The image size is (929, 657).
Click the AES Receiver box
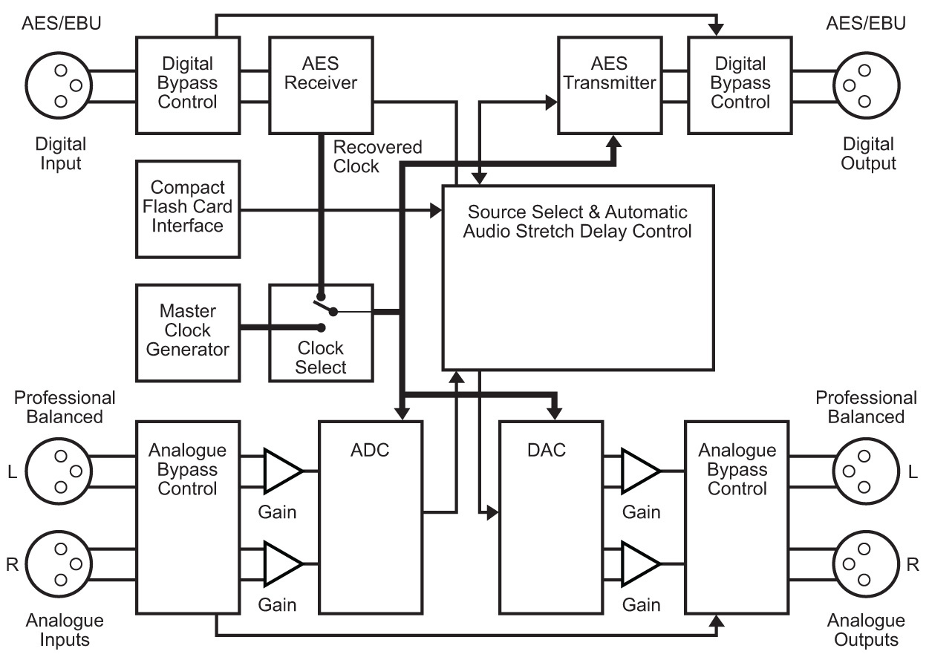[x=321, y=83]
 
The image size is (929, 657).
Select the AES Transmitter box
[x=609, y=83]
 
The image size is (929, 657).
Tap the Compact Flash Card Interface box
[x=188, y=206]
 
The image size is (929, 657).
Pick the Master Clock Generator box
[x=188, y=331]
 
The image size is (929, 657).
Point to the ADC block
[x=371, y=517]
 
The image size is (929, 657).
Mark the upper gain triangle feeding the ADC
[x=283, y=471]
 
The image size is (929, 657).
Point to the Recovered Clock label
[x=377, y=157]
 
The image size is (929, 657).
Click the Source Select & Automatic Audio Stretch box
[x=578, y=277]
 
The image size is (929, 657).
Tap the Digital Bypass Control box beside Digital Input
[x=188, y=83]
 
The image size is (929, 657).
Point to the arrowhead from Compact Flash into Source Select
[x=437, y=212]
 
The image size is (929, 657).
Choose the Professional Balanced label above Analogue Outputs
[x=866, y=407]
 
